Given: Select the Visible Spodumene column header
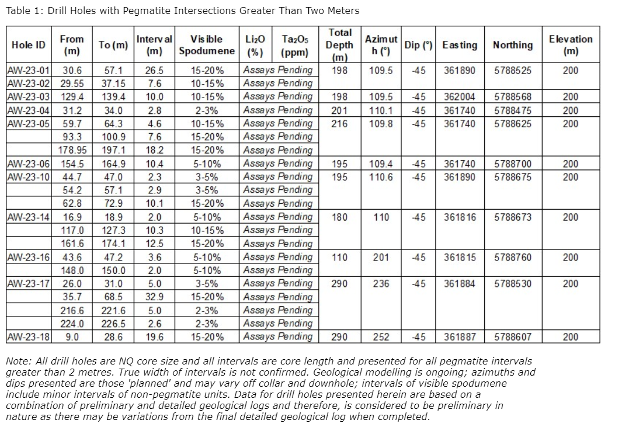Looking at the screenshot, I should click(x=207, y=45).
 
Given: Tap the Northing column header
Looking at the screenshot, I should click(x=513, y=45).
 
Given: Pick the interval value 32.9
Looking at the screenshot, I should click(x=154, y=297).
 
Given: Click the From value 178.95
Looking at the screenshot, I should click(x=72, y=150).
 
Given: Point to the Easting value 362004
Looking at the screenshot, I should click(x=459, y=97).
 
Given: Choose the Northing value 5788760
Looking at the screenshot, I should click(x=513, y=257).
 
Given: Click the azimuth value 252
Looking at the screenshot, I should click(x=381, y=337).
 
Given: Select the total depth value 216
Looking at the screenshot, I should click(x=339, y=124).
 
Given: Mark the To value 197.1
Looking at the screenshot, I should click(x=113, y=150).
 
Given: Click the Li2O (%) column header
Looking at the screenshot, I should click(x=255, y=45).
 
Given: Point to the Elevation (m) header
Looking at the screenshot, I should click(x=570, y=45).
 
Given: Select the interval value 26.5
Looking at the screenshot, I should click(x=154, y=71).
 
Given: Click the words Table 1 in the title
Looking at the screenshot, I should click(x=23, y=11).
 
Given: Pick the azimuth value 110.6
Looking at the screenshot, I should click(x=381, y=177).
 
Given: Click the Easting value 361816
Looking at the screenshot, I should click(x=459, y=217).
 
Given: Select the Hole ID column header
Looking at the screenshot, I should click(x=29, y=45).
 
